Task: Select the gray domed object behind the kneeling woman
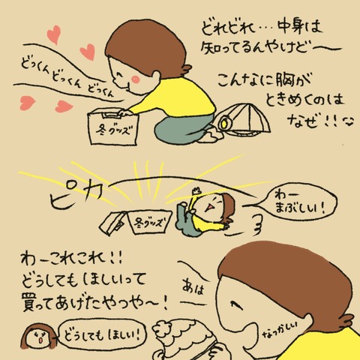pyautogui.click(x=244, y=118)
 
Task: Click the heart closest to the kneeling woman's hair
pyautogui.click(x=88, y=52)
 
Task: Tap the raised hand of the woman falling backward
pyautogui.click(x=197, y=192)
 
